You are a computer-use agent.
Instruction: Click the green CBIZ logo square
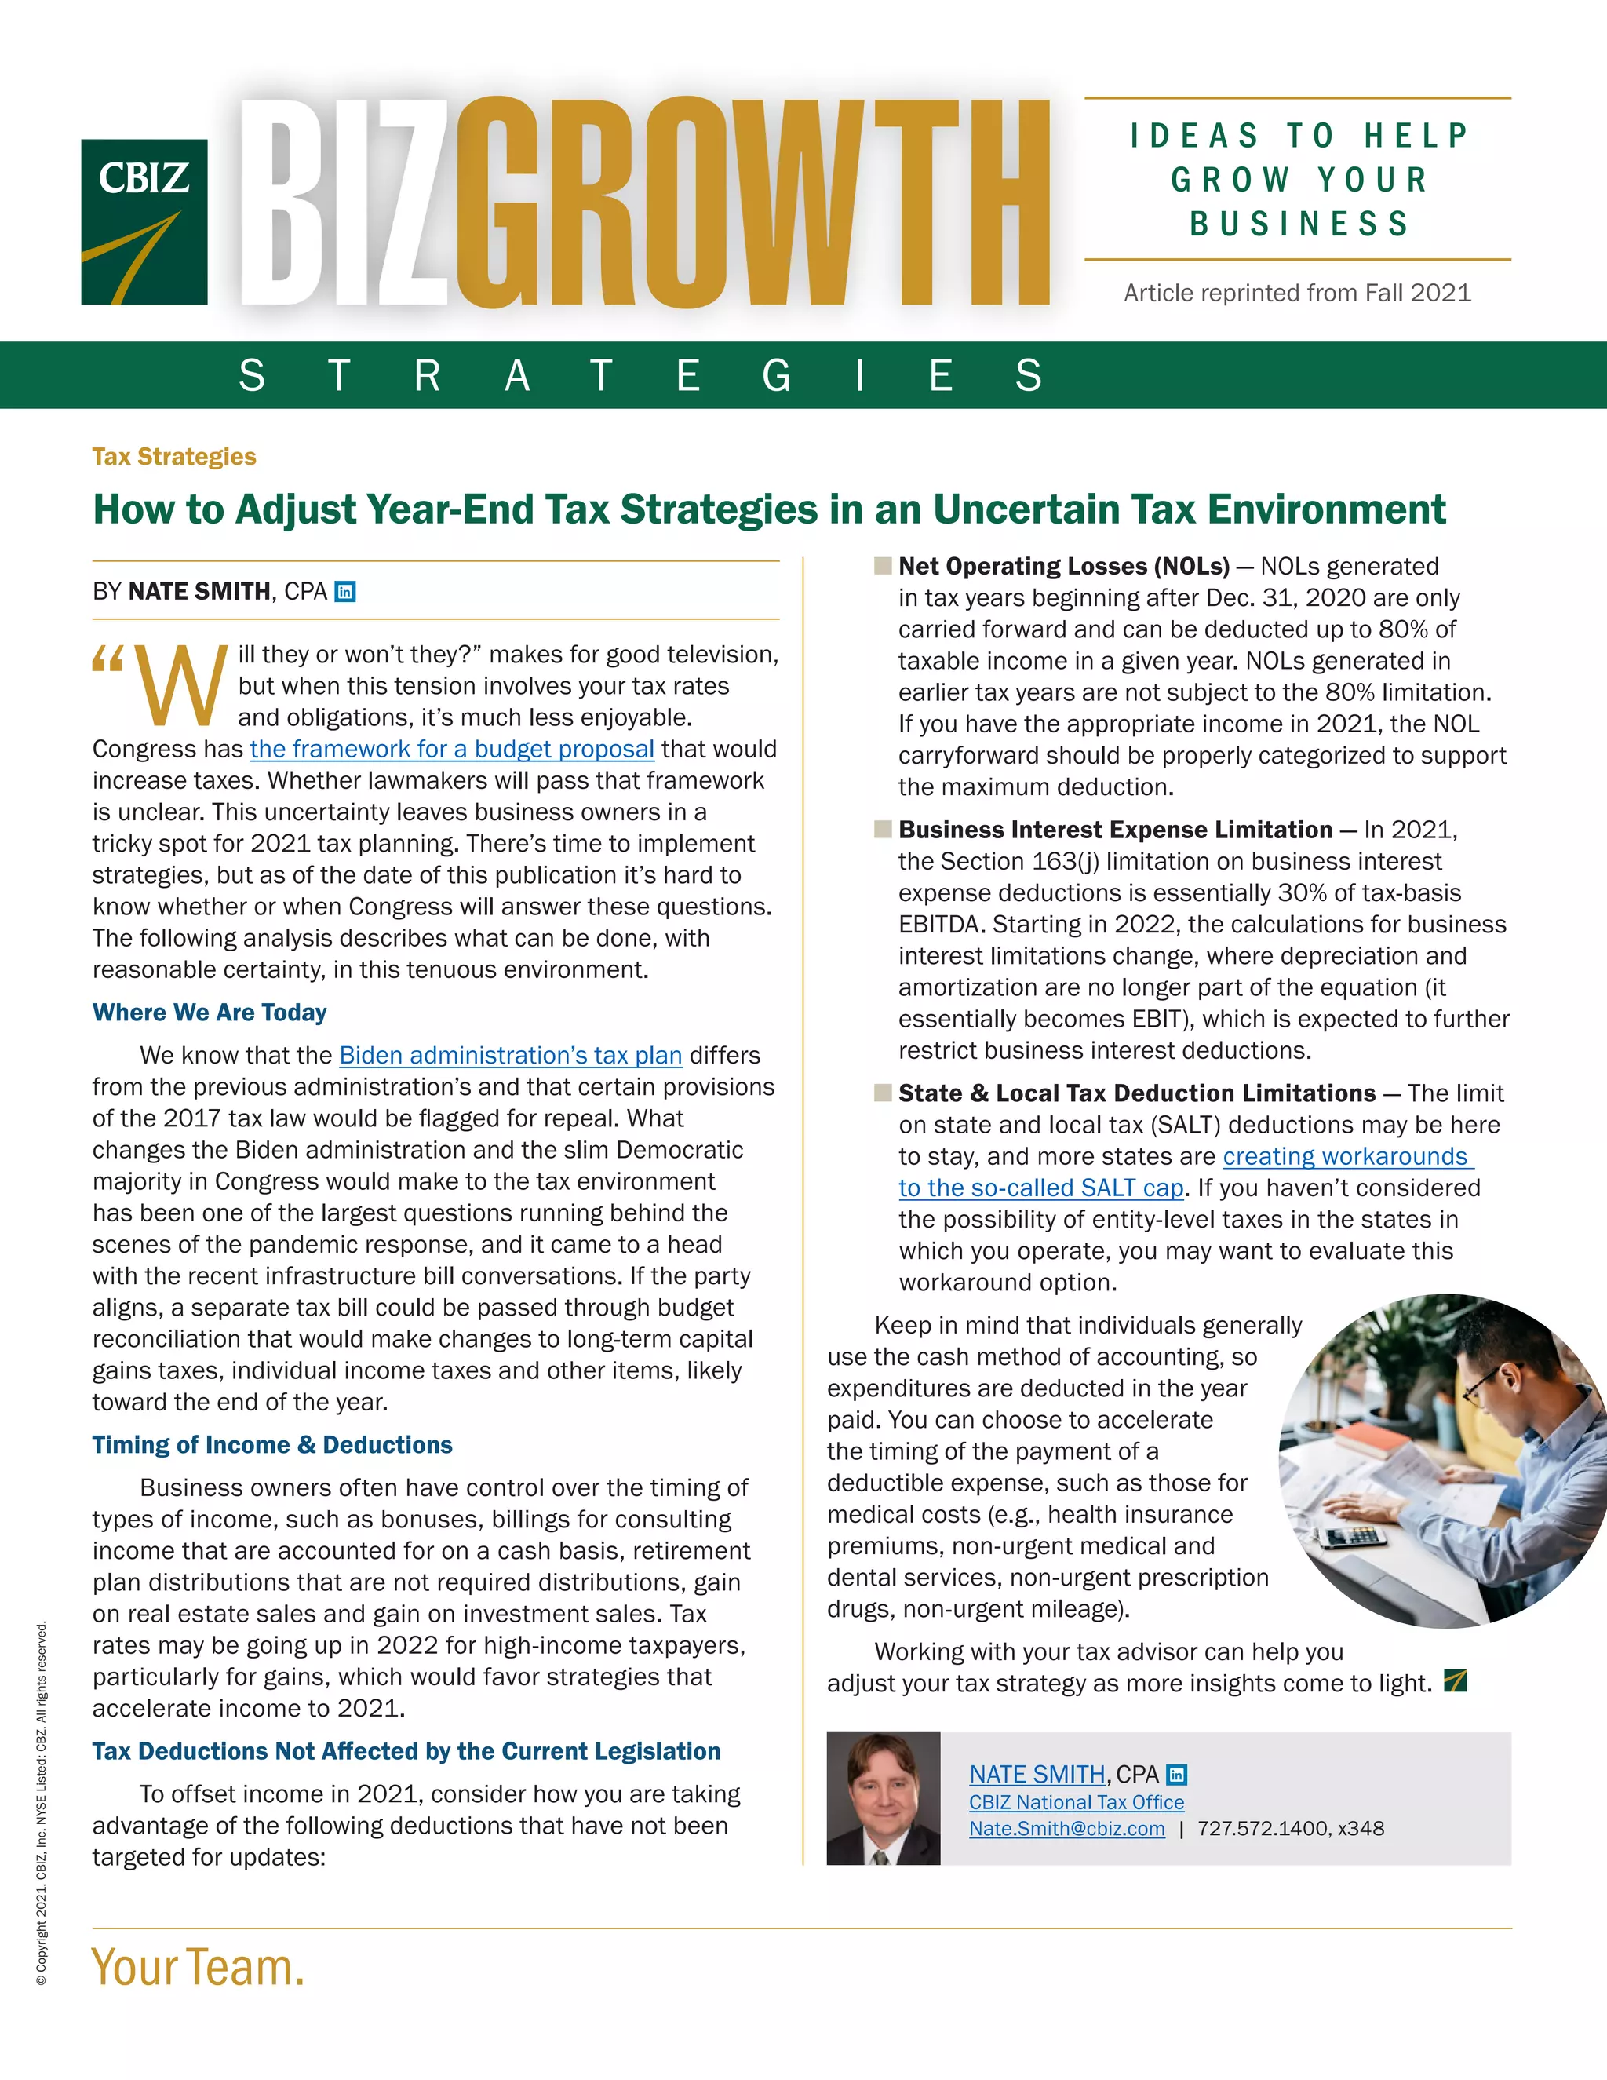pyautogui.click(x=144, y=222)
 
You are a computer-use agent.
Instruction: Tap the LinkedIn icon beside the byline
pyautogui.click(x=345, y=592)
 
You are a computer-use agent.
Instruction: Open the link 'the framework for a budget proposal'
pyautogui.click(x=452, y=750)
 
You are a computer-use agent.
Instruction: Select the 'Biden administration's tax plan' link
pyautogui.click(x=510, y=1055)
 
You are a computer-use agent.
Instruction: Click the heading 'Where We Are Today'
pyautogui.click(x=210, y=1013)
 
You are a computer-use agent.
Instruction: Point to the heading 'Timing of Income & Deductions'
pyautogui.click(x=272, y=1445)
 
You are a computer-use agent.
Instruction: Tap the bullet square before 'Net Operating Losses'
pyautogui.click(x=883, y=566)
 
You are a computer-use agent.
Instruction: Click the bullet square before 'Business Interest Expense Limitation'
pyautogui.click(x=883, y=830)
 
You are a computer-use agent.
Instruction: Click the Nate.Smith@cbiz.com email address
pyautogui.click(x=1066, y=1829)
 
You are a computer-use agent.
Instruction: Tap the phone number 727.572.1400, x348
pyautogui.click(x=1290, y=1829)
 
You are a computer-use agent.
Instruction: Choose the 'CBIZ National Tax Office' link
pyautogui.click(x=1076, y=1802)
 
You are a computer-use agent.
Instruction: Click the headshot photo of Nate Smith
pyautogui.click(x=884, y=1798)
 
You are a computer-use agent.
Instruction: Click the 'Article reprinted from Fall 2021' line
pyautogui.click(x=1296, y=293)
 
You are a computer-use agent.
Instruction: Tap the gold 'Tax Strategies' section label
pyautogui.click(x=174, y=457)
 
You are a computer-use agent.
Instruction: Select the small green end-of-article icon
pyautogui.click(x=1455, y=1681)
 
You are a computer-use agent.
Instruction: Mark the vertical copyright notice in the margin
pyautogui.click(x=41, y=1804)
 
